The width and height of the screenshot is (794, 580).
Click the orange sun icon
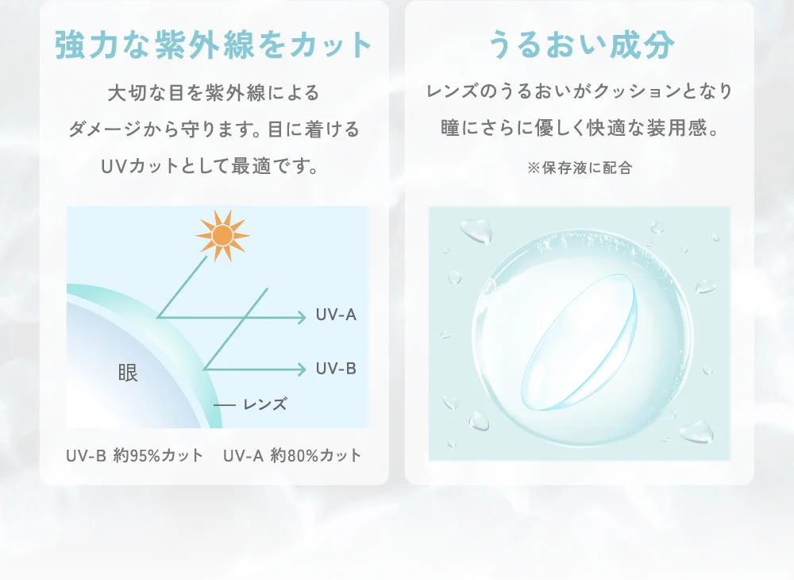(x=222, y=234)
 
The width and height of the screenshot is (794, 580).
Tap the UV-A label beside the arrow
(x=336, y=315)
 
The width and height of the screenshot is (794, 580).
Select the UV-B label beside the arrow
(x=336, y=369)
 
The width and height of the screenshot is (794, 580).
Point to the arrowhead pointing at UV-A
(x=302, y=317)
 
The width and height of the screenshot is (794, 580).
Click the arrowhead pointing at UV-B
(x=302, y=369)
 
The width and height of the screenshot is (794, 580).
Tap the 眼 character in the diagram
(x=128, y=373)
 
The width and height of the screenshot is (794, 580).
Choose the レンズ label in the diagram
(x=264, y=404)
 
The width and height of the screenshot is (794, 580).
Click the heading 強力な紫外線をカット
(x=214, y=45)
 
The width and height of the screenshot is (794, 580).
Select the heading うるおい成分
(x=580, y=45)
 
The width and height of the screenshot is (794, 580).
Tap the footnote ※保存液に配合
(x=580, y=168)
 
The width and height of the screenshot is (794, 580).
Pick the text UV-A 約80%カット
(x=292, y=455)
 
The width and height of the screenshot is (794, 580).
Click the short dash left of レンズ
(x=225, y=405)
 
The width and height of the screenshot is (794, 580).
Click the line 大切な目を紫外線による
(x=214, y=92)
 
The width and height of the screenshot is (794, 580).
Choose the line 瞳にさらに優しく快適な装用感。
(x=580, y=128)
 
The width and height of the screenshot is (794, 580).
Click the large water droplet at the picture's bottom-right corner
(x=696, y=432)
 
